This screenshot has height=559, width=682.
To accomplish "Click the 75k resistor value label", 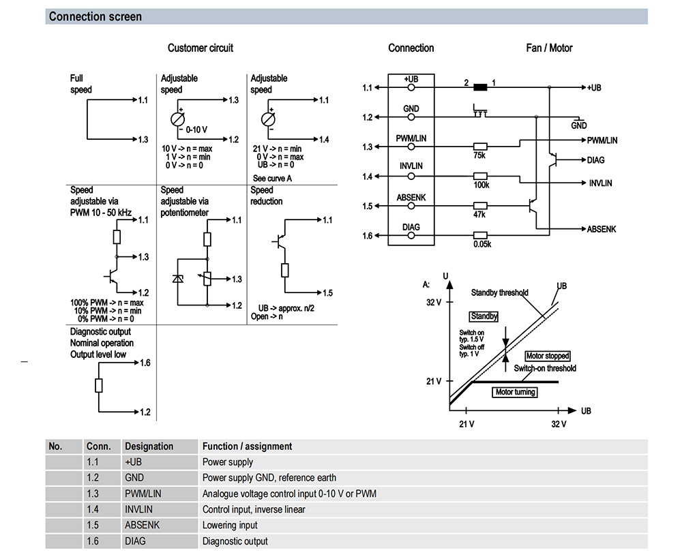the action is (479, 155).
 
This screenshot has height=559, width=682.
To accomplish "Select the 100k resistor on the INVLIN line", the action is (480, 176).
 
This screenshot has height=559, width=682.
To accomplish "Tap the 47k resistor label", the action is (479, 214).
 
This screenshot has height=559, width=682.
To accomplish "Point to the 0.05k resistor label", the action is (482, 244).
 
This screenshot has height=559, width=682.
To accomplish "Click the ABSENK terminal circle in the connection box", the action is (411, 206).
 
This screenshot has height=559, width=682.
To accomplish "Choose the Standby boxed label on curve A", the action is (484, 316).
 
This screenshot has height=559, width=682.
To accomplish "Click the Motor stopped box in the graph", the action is (548, 356).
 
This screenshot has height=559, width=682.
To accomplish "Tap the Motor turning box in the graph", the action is (515, 392).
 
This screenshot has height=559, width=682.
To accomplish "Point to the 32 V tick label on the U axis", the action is (434, 302).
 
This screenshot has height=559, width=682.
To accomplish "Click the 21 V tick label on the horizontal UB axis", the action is (466, 424).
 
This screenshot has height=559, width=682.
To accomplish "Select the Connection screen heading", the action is (95, 16).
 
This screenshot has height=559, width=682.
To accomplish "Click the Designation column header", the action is (149, 447).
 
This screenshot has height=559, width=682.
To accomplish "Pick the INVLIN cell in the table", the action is (138, 509).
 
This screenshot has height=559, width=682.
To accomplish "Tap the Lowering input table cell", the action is (230, 525).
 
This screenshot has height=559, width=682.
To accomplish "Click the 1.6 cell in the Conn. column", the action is (93, 541).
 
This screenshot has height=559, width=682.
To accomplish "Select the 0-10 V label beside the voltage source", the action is (196, 130).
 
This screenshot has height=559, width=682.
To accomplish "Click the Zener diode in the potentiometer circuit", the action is (177, 278).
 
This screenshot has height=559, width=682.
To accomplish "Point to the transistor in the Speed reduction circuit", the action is (280, 241).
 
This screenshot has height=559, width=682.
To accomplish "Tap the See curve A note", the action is (272, 178).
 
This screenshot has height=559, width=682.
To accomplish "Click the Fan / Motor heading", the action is (549, 48).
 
